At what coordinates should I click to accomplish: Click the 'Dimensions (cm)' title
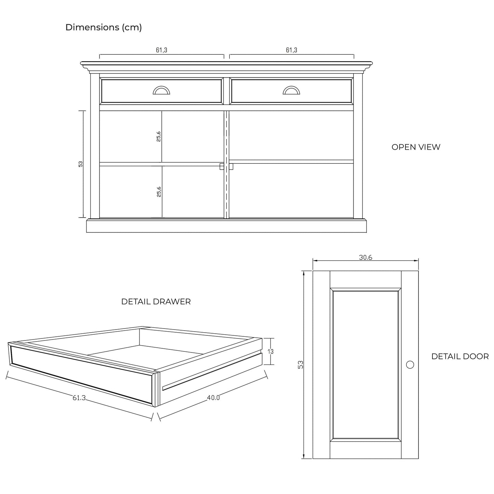click(x=104, y=27)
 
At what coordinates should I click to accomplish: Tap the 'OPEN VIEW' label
click(x=416, y=147)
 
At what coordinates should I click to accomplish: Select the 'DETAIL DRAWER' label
click(x=156, y=302)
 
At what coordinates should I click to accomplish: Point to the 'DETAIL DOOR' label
click(x=460, y=356)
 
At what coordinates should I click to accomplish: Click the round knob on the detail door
click(x=410, y=364)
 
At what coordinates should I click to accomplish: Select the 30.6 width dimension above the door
click(x=365, y=257)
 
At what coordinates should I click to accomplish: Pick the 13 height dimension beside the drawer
click(x=270, y=351)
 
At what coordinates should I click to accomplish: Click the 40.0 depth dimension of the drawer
click(x=213, y=398)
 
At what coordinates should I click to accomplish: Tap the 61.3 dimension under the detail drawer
click(x=79, y=398)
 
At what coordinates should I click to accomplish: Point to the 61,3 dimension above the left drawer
click(x=161, y=50)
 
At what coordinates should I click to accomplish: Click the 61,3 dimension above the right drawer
click(x=292, y=50)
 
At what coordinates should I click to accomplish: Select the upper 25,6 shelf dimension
click(x=159, y=136)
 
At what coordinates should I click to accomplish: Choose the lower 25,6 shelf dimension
click(x=159, y=192)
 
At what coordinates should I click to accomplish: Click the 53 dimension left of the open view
click(x=80, y=164)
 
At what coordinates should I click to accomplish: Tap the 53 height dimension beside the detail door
click(x=301, y=364)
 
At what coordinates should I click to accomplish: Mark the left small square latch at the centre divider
click(x=222, y=166)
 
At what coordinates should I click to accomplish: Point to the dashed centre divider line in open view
click(x=227, y=164)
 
